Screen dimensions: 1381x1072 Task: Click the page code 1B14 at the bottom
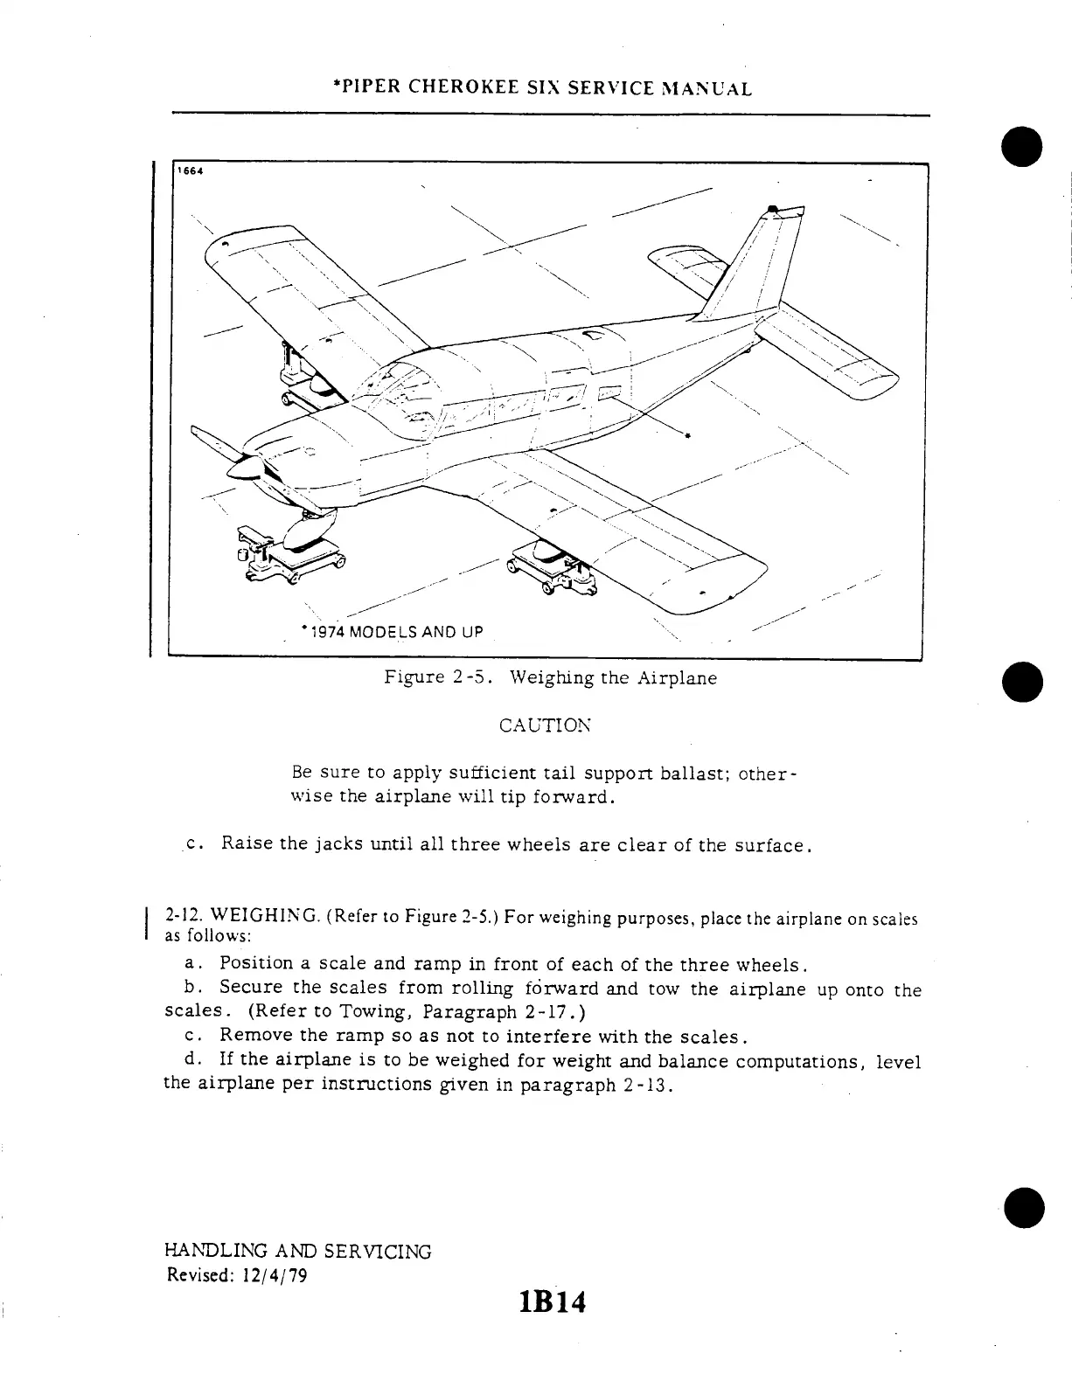click(552, 1303)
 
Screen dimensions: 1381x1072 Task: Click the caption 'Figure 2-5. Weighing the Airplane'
click(551, 677)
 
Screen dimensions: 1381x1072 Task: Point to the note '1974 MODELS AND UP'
click(393, 631)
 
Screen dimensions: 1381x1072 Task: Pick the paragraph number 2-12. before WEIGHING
click(180, 918)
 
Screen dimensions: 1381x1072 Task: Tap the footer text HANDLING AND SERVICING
click(297, 1251)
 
